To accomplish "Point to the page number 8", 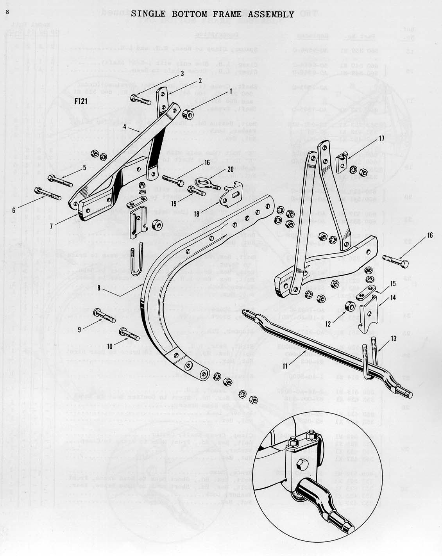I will pos(7,11).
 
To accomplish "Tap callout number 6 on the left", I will pos(14,210).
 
